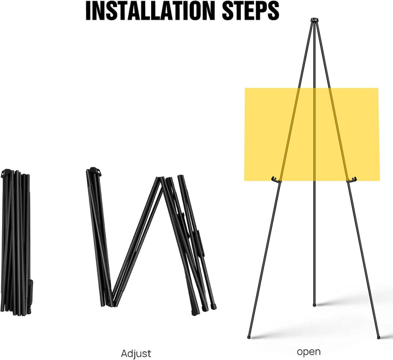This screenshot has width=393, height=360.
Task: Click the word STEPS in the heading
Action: tap(251, 11)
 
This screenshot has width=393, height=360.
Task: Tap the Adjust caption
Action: tap(136, 354)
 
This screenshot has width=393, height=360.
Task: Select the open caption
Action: tap(309, 352)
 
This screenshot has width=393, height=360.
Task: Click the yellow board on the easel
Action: tap(312, 134)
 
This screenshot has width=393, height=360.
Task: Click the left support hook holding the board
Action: tap(275, 179)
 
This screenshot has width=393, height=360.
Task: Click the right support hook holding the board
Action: tap(352, 179)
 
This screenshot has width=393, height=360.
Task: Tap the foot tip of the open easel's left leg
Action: tap(249, 337)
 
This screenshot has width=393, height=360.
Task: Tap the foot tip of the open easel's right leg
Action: tap(379, 337)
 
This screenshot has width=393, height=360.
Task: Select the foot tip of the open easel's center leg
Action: tap(314, 305)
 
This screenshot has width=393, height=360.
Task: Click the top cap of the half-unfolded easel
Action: tap(94, 171)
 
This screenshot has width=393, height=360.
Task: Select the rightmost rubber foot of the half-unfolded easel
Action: tap(214, 307)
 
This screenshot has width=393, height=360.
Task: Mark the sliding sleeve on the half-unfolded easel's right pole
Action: tap(200, 243)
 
